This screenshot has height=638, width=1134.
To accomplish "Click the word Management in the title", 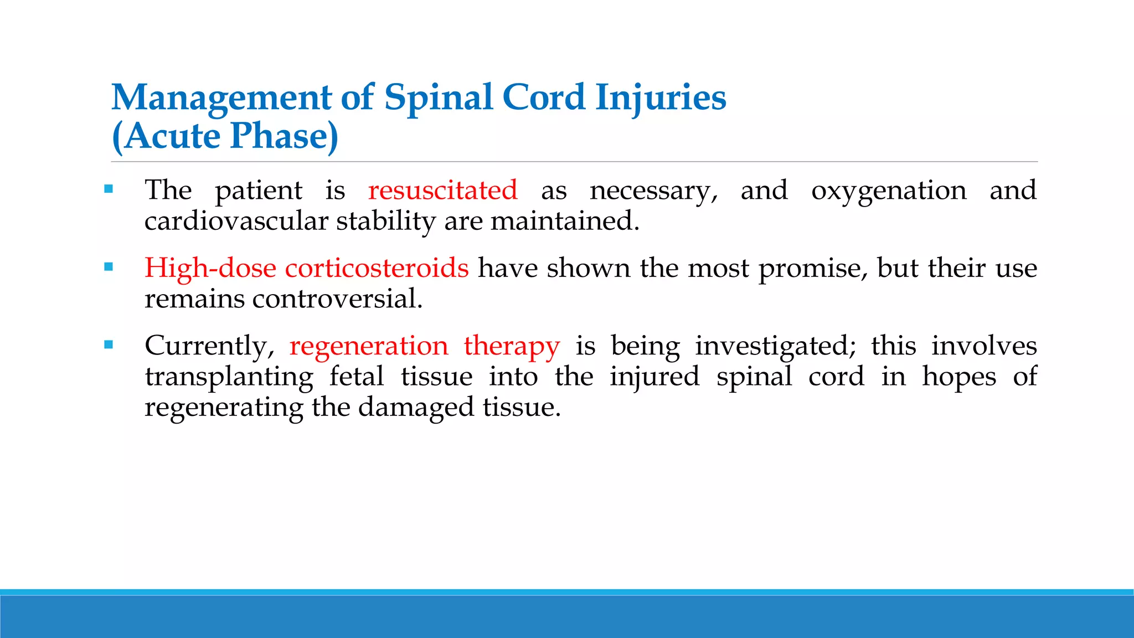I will tap(221, 98).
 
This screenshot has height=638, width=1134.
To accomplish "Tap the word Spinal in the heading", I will tap(438, 98).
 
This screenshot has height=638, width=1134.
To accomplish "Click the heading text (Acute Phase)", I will tap(225, 136).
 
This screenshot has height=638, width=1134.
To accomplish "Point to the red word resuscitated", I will tap(443, 191).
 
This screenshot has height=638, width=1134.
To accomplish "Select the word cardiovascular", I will tap(236, 221).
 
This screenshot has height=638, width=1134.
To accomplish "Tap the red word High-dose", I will tap(210, 269).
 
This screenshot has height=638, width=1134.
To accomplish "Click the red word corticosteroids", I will tap(377, 268).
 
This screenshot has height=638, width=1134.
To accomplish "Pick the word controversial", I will tap(337, 299).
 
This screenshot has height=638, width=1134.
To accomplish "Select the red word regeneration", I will tap(369, 347).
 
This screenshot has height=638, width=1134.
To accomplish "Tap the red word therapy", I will tap(512, 347).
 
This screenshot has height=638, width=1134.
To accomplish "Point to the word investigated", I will tap(775, 347).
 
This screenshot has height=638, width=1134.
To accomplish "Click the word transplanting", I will tap(229, 378).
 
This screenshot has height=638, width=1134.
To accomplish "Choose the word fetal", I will tap(357, 377).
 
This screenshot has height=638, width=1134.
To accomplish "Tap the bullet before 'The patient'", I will tap(109, 189).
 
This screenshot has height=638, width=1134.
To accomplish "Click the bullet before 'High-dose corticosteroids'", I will tap(109, 267).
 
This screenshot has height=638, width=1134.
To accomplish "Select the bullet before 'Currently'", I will tap(109, 345).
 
